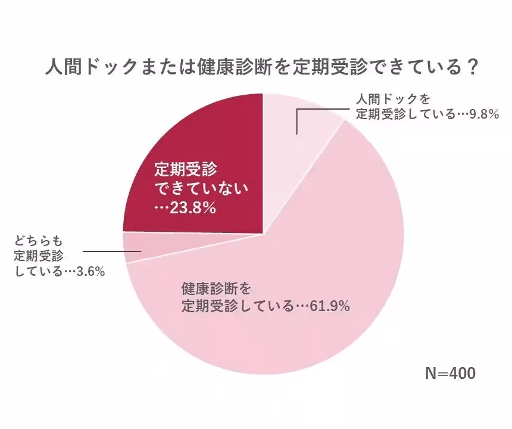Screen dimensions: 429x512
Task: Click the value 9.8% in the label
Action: click(x=483, y=114)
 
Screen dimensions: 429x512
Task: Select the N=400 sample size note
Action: click(x=450, y=374)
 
